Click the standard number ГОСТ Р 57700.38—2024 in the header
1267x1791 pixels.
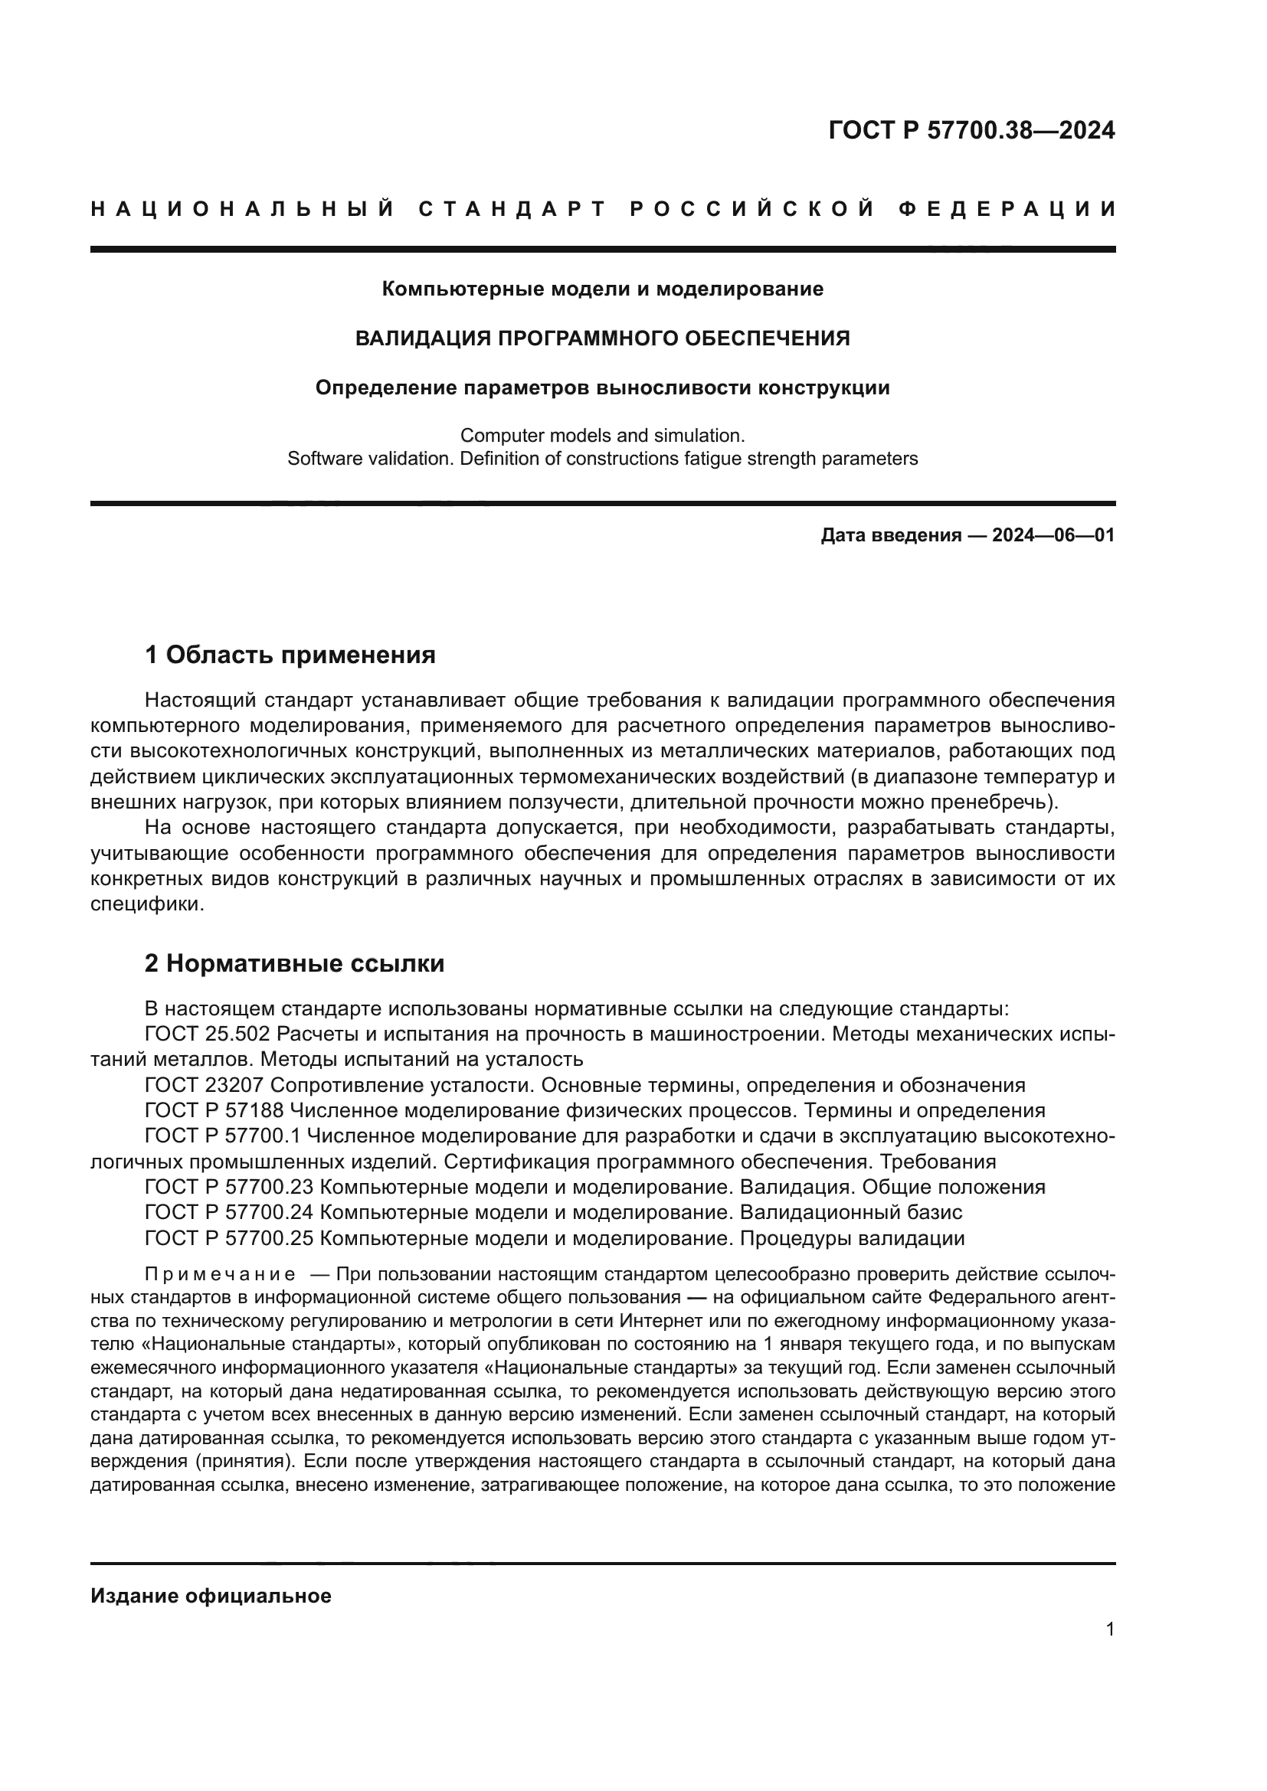pyautogui.click(x=971, y=130)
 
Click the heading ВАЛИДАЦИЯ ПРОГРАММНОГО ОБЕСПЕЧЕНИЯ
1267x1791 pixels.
pyautogui.click(x=602, y=338)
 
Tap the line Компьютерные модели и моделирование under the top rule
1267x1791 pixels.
pyautogui.click(x=602, y=289)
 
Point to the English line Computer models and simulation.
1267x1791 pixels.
pyautogui.click(x=602, y=435)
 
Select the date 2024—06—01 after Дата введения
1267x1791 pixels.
pyautogui.click(x=1053, y=535)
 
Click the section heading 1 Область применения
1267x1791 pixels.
pyautogui.click(x=290, y=655)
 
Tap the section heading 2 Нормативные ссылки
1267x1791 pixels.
pyautogui.click(x=295, y=964)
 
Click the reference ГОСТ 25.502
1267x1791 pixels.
pyautogui.click(x=207, y=1034)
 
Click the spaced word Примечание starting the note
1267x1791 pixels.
pyautogui.click(x=220, y=1276)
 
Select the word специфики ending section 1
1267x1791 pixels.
pyautogui.click(x=146, y=906)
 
